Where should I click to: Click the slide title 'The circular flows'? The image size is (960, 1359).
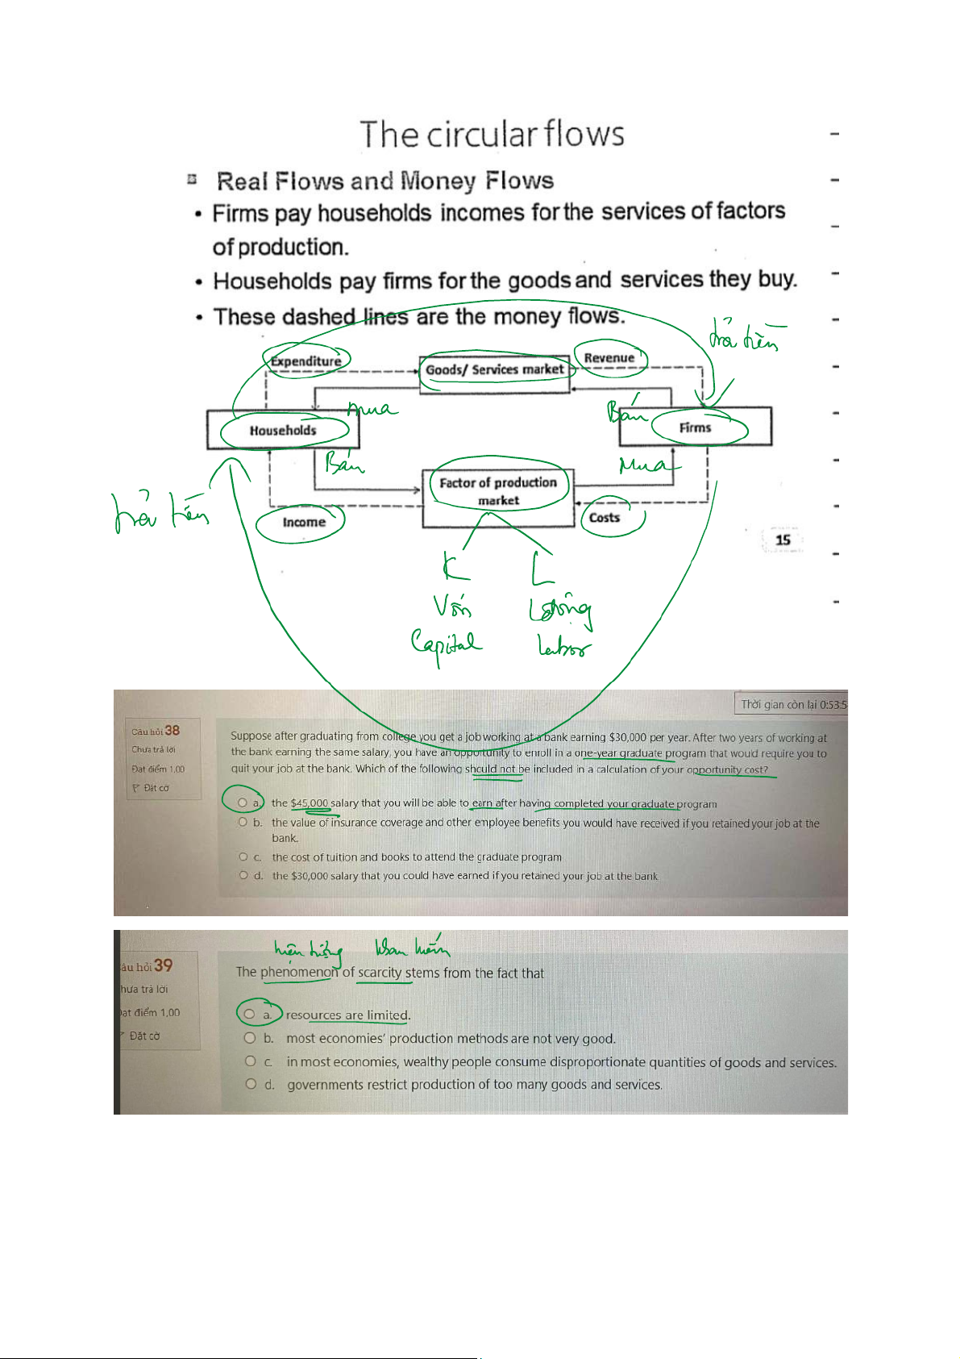coord(492,135)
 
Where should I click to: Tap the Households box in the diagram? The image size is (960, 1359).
coord(283,430)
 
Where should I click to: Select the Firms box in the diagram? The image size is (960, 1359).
coord(695,427)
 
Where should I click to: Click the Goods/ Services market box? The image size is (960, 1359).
coord(494,370)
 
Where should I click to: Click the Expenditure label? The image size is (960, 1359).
coord(305,361)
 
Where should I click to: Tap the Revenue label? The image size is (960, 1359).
coord(609,358)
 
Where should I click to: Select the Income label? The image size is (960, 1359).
coord(304,523)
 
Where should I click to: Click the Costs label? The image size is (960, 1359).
coord(605,518)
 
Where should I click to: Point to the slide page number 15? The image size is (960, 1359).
coord(782,540)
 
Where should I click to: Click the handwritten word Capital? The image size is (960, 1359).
coord(446,645)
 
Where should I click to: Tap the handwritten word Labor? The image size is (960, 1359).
coord(563,646)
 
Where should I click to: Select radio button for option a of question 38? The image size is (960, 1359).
coord(243,802)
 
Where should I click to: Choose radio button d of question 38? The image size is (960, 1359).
coord(243,875)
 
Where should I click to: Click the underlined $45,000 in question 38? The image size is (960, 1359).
coord(310,803)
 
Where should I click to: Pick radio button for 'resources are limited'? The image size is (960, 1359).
coord(250,1015)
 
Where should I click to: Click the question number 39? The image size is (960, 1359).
coord(163,965)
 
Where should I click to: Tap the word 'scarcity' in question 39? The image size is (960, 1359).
coord(380,973)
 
